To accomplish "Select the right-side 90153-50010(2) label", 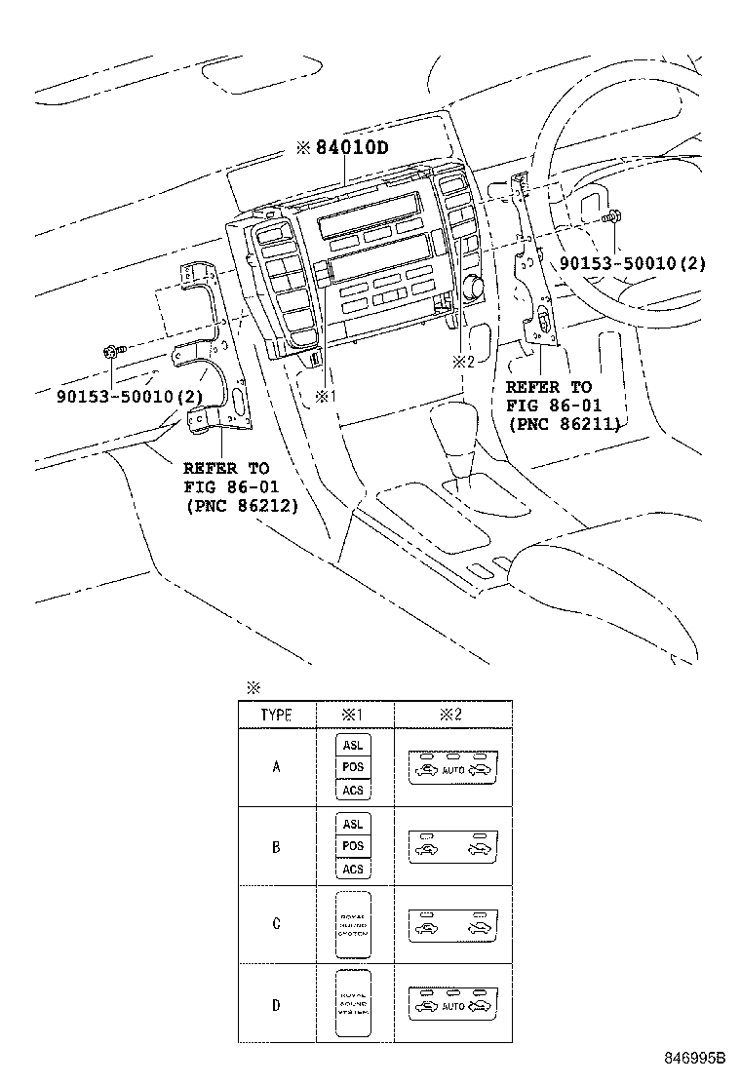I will [x=633, y=263].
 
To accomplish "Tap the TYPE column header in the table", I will [x=277, y=715].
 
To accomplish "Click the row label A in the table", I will [x=277, y=767].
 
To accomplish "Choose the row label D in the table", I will [x=277, y=1004].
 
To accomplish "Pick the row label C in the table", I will [x=277, y=924].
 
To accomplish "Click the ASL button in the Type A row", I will [x=353, y=746].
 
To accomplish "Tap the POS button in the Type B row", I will [x=353, y=846].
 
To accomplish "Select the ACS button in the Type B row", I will [x=353, y=869].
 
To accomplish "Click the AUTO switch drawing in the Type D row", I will [x=451, y=1004].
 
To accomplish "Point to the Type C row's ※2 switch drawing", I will [x=451, y=924].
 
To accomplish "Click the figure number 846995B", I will [x=696, y=1058].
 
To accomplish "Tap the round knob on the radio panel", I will [x=476, y=286].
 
